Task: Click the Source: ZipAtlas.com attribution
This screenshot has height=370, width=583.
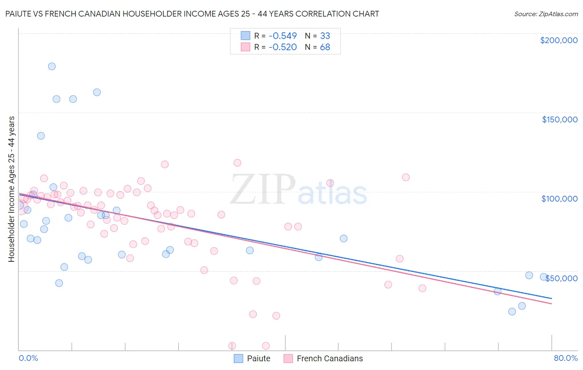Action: [x=546, y=14]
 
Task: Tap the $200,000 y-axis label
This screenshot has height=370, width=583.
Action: [x=559, y=40]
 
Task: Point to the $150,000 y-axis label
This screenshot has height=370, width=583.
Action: [x=559, y=119]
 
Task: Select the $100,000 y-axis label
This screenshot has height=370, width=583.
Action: [x=559, y=199]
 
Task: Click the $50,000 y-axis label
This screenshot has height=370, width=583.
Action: [x=561, y=278]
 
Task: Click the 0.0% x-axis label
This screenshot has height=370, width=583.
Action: [x=28, y=358]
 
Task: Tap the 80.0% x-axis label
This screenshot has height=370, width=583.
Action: [x=566, y=358]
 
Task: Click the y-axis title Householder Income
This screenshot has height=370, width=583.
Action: [x=11, y=189]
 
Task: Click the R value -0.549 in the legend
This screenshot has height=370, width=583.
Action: [x=282, y=36]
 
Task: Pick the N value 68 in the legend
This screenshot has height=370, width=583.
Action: [x=325, y=47]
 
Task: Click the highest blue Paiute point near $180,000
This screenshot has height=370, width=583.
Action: [x=52, y=66]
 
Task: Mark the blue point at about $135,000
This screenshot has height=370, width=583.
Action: [x=41, y=136]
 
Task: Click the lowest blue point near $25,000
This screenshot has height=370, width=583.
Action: [x=512, y=312]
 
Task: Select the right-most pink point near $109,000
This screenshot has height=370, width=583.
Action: [x=406, y=177]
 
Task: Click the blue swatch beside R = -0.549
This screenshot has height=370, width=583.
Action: [x=245, y=36]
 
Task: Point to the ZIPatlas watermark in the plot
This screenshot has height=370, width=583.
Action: [x=299, y=190]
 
